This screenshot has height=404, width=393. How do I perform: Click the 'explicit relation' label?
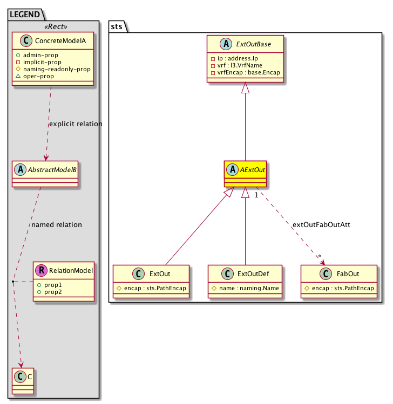76,124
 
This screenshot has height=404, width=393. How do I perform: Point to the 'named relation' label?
57,224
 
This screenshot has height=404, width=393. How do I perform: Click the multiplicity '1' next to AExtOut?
257,195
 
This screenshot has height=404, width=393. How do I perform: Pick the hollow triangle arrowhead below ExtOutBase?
246,87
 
